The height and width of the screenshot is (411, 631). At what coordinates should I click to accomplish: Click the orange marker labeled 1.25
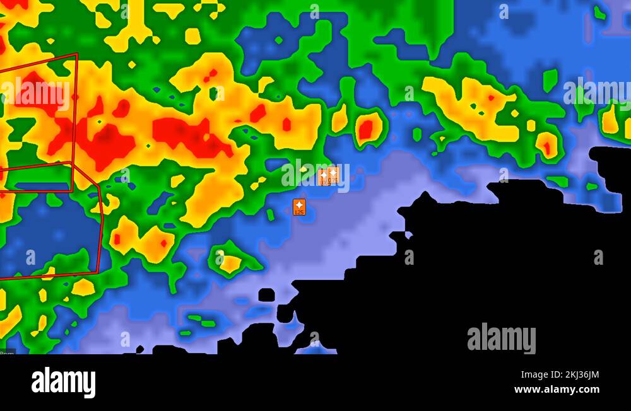299,207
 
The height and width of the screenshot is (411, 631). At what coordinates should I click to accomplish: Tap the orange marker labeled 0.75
333,175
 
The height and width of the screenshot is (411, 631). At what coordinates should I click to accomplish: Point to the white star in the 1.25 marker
299,204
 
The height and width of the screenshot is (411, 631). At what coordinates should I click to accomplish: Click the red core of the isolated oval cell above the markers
365,129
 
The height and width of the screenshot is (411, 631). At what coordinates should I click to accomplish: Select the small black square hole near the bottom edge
266,294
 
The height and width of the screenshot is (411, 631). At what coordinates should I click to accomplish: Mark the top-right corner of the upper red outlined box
77,54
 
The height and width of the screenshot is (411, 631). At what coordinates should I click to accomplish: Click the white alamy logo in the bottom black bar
63,383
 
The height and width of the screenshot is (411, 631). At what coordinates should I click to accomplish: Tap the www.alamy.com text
557,390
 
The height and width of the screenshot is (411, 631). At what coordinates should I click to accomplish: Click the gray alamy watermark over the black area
502,339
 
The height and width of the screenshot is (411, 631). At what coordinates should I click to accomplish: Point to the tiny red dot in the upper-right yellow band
491,98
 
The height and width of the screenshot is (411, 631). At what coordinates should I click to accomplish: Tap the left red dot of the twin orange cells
117,239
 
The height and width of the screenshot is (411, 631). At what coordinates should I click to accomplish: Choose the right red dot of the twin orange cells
163,243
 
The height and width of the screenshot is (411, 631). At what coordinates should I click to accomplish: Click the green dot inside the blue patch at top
278,40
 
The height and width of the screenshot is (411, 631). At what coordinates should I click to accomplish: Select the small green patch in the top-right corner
599,13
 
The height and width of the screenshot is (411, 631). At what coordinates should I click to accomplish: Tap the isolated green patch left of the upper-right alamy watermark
550,79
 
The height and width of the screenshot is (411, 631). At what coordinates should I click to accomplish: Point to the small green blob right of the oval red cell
416,134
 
